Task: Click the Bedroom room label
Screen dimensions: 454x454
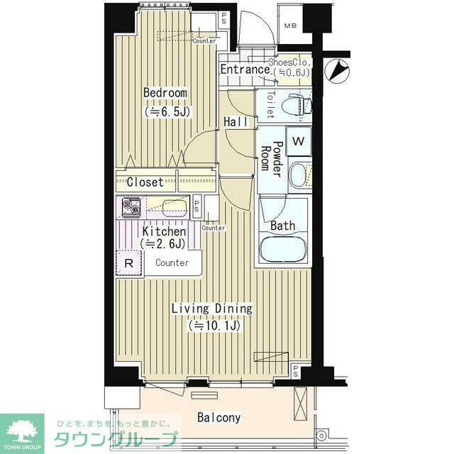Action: [x=165, y=93]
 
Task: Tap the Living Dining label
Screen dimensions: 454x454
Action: [x=211, y=309]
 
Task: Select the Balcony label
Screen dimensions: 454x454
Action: [x=218, y=417]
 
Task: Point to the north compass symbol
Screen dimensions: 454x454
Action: [x=338, y=70]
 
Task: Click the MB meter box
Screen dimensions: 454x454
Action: [x=292, y=28]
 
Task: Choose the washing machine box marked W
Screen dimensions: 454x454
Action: [x=299, y=140]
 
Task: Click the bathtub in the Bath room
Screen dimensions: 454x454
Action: [x=283, y=250]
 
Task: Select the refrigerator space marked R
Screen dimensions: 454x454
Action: [x=128, y=262]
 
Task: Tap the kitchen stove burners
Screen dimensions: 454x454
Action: [x=131, y=207]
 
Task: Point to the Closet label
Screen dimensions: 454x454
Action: [x=145, y=182]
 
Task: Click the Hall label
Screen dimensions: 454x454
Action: [x=236, y=122]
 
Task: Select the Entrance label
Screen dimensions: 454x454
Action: [x=244, y=70]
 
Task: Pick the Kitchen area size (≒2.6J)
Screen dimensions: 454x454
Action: [x=164, y=244]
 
